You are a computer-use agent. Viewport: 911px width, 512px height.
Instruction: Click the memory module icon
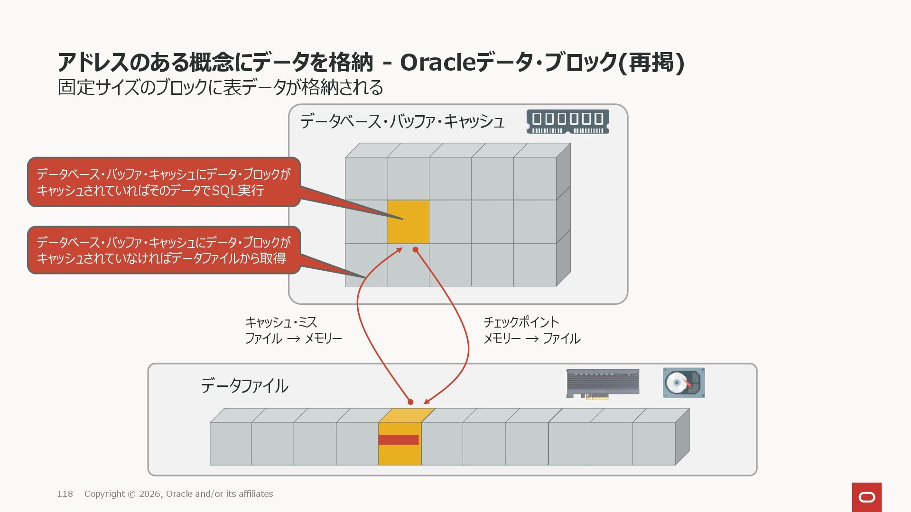[x=567, y=121]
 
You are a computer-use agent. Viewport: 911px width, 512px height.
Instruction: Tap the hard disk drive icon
[x=683, y=383]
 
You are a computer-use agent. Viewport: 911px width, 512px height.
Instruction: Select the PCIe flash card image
[x=603, y=384]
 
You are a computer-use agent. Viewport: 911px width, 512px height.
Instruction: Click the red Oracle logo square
[x=866, y=497]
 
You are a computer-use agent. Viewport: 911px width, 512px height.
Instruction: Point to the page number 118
[x=65, y=494]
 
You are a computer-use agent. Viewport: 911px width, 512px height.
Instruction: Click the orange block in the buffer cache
[x=408, y=222]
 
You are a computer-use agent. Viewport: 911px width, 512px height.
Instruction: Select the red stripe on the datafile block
[x=399, y=440]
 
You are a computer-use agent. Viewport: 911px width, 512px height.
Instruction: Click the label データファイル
[x=244, y=386]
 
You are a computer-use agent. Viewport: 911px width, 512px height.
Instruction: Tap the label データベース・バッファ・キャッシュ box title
[x=402, y=121]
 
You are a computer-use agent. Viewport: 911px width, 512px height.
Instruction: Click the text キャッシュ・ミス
[x=281, y=322]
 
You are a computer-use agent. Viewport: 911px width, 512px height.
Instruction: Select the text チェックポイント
[x=521, y=322]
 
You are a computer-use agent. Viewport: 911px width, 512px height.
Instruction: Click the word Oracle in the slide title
[x=437, y=63]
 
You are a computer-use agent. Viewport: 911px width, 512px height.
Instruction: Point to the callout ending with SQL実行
[x=164, y=182]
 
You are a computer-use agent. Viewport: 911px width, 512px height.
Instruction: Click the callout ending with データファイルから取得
[x=164, y=250]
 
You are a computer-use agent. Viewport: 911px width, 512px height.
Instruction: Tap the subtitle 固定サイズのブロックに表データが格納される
[x=220, y=87]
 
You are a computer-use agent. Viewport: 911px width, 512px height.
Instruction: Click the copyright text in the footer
[x=178, y=494]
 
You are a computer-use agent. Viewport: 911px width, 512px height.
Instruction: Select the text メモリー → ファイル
[x=531, y=338]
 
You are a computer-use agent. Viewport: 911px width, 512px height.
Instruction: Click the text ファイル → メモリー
[x=293, y=338]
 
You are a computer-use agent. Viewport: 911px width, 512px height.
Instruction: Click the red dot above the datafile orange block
[x=410, y=402]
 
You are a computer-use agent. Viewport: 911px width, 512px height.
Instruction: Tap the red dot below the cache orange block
[x=415, y=249]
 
